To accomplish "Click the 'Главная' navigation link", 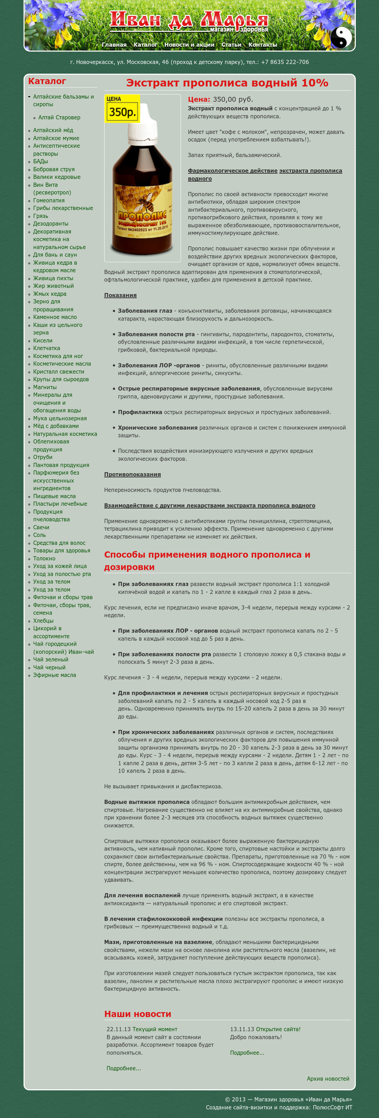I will pos(114,45).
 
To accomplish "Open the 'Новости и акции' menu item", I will pos(189,45).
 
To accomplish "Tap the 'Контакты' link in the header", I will pos(262,45).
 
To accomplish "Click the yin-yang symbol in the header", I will pos(341,37).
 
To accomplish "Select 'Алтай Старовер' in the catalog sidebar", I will pos(59,118).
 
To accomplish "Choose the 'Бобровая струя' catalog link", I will pos(54,169).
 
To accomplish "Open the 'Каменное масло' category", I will pos(55,317).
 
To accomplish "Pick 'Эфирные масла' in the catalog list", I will pos(54,675).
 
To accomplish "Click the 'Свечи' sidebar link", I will pos(41,527).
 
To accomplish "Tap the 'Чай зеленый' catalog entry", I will pos(51,659).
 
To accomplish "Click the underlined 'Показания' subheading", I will pos(120,295).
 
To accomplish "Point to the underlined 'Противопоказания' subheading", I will pos(133,474).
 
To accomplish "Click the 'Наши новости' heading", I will pos(138,1014).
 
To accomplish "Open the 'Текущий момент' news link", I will pos(155,1029).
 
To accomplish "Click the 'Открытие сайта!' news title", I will pos(278,1029).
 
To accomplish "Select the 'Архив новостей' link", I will pos(328,1079).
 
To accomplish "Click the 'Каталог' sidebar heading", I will pos(47,81).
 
